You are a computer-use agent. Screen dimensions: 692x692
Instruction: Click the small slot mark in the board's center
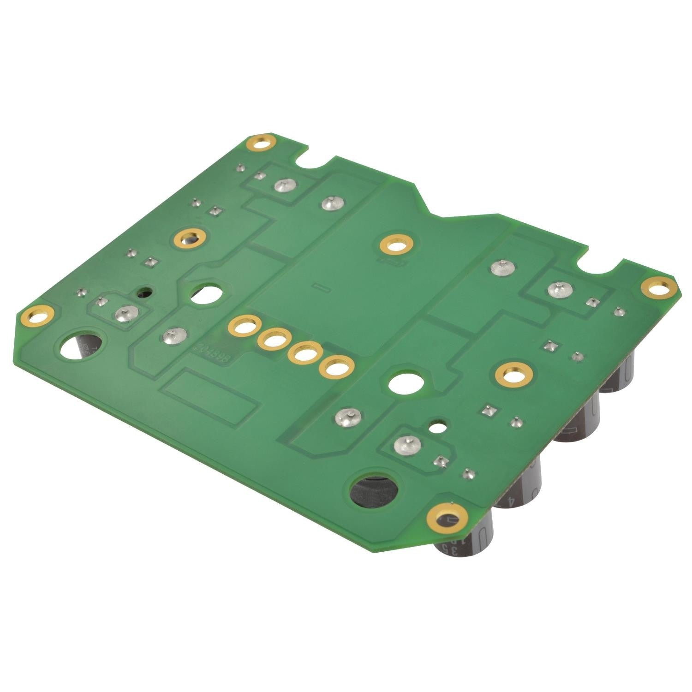[318, 287]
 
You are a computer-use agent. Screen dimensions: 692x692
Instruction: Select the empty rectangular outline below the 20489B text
[210, 397]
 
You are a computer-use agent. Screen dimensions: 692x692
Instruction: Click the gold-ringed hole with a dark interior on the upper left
[191, 239]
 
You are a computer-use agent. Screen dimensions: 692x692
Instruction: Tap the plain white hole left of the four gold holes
[206, 295]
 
